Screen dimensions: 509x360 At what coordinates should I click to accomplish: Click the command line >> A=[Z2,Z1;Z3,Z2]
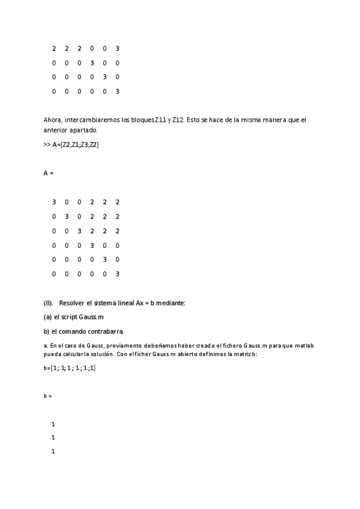point(71,145)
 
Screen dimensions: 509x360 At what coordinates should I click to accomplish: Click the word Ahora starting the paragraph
point(53,120)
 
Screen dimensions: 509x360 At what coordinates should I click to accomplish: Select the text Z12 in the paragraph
point(179,120)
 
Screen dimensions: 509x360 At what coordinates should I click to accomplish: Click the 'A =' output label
point(49,173)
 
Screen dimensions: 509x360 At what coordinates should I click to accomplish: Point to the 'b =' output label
point(48,396)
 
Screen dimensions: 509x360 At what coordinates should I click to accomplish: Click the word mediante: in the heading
point(171,303)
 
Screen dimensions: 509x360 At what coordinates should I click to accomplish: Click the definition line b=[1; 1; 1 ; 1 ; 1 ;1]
point(70,368)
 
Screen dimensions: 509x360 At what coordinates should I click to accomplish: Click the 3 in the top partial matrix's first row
point(118,49)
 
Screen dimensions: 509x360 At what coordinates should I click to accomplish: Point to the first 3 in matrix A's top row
point(53,202)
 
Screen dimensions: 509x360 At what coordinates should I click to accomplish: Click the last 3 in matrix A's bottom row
point(118,274)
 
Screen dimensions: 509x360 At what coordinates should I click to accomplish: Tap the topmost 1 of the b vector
point(53,424)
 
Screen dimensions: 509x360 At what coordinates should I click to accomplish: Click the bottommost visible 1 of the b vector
point(53,451)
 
